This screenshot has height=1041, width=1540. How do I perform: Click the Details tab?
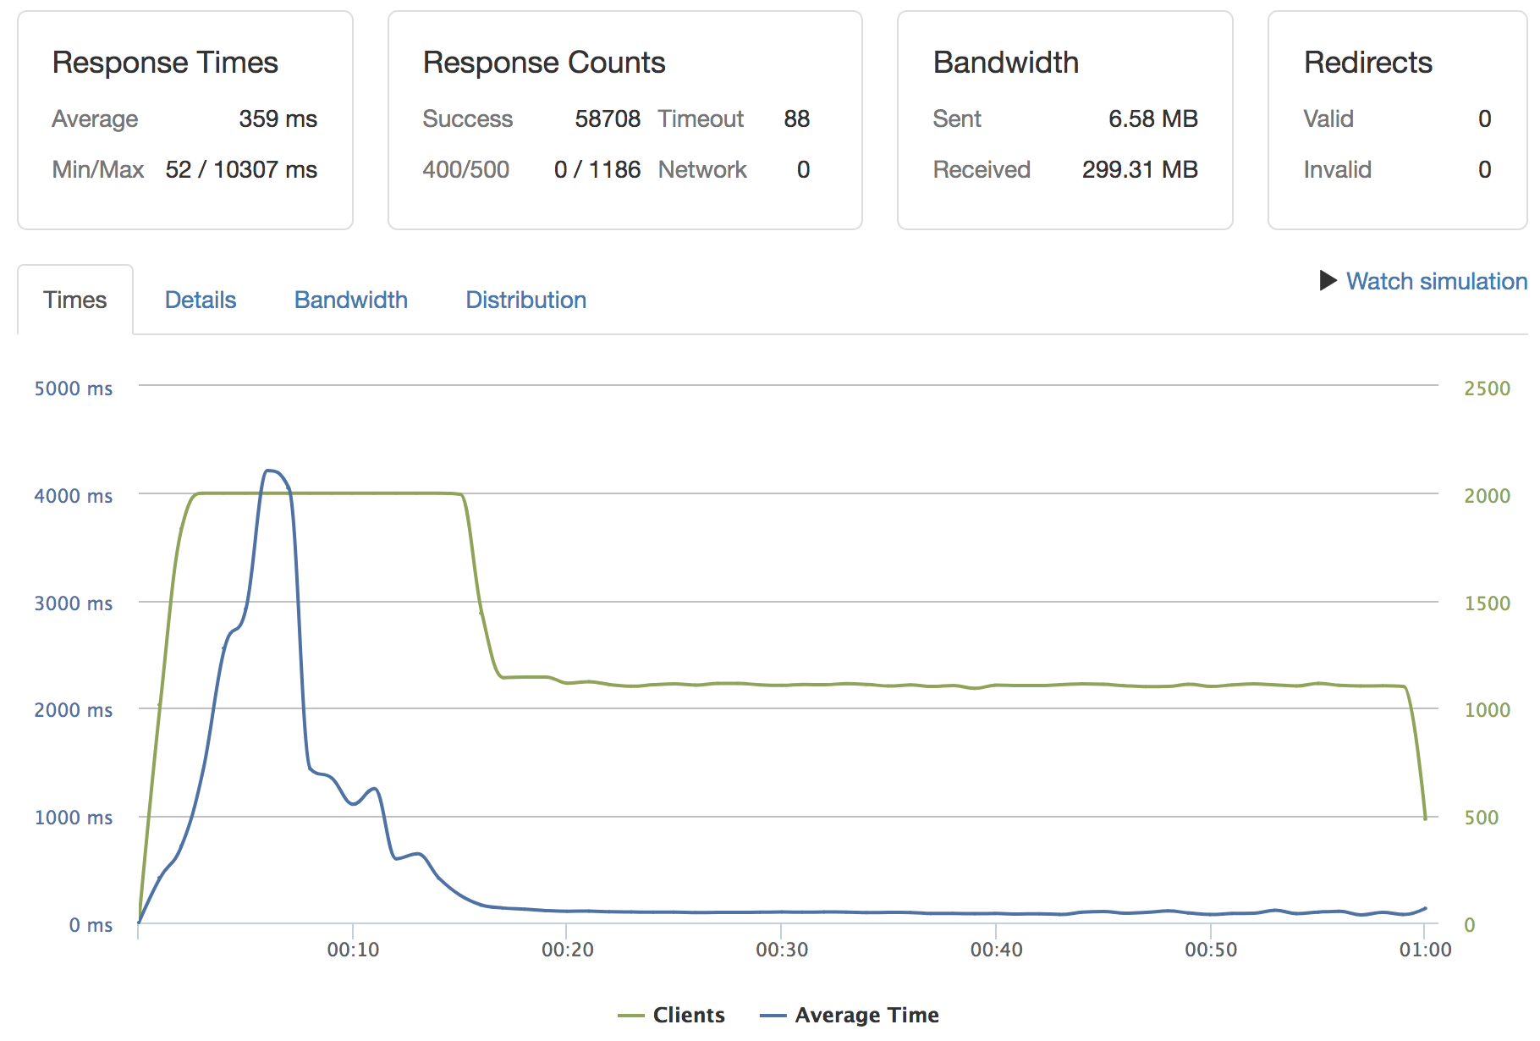point(201,300)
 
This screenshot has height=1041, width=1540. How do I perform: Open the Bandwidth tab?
point(350,300)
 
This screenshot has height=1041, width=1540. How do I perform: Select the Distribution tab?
point(525,300)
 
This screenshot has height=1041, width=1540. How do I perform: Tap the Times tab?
point(75,300)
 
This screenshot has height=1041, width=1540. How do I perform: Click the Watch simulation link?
point(1436,281)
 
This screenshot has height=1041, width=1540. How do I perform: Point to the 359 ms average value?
point(278,119)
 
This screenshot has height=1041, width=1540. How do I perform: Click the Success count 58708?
point(608,119)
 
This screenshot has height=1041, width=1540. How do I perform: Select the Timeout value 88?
point(796,119)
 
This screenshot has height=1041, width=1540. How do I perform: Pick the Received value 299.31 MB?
point(1139,170)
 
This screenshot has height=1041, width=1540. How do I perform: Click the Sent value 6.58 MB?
point(1152,119)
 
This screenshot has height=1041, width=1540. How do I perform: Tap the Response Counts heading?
point(544,63)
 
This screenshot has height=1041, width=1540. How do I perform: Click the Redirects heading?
point(1367,63)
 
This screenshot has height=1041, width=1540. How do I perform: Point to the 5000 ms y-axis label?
point(74,388)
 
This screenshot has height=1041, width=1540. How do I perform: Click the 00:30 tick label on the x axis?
point(782,950)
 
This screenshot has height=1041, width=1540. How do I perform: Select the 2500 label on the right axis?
point(1487,388)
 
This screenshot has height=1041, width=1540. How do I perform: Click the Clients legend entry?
point(688,1015)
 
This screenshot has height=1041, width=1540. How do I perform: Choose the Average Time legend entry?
point(866,1015)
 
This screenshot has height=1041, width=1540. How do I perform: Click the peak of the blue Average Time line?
point(269,471)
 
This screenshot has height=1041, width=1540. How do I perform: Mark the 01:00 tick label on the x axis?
point(1425,950)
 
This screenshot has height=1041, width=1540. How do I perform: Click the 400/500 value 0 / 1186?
point(597,170)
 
